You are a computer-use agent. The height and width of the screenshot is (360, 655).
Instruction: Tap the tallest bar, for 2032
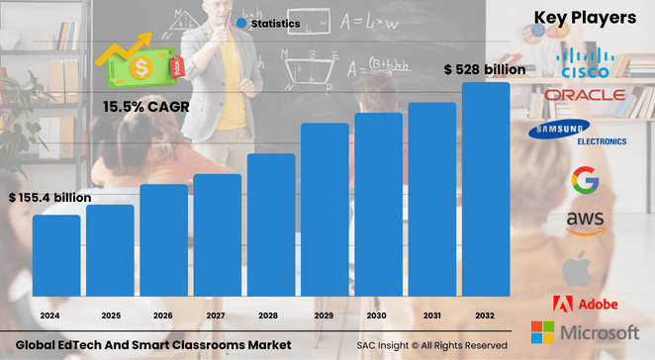point(486,188)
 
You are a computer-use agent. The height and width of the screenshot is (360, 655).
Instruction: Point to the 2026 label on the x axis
point(163,315)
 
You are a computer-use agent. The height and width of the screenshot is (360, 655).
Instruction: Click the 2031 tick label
point(431,315)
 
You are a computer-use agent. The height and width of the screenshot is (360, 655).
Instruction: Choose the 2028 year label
point(271,315)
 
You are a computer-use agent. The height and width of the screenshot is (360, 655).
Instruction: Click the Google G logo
point(585,181)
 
